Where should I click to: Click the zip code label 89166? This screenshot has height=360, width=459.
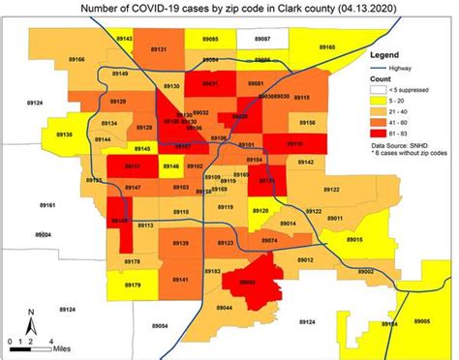pyautogui.click(x=76, y=59)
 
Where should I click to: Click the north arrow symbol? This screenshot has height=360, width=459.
pyautogui.click(x=30, y=318)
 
